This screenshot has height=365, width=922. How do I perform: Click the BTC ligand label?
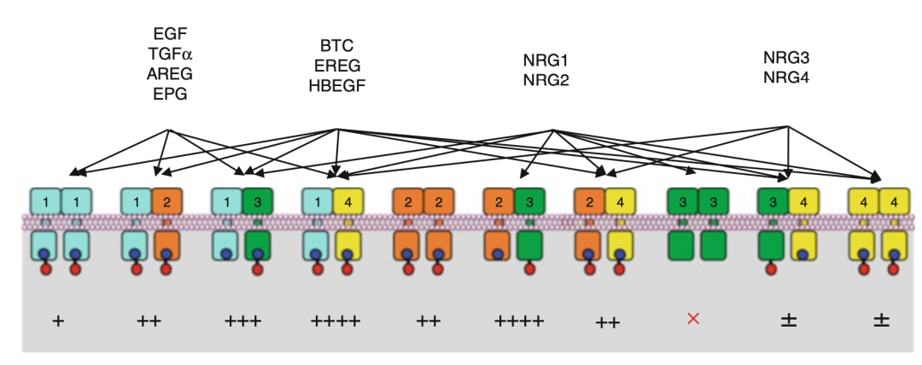pos(336,45)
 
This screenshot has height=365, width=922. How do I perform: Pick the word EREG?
pos(336,65)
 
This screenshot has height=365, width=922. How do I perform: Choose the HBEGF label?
pos(336,84)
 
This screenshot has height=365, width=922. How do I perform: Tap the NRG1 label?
pos(546,62)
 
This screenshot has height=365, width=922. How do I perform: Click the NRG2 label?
pos(546,81)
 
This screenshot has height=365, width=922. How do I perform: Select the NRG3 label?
pos(785,58)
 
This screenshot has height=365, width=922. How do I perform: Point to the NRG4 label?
pos(785,78)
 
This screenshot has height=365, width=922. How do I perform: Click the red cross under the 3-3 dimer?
pos(693,319)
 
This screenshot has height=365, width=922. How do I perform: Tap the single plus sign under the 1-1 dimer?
pos(58,321)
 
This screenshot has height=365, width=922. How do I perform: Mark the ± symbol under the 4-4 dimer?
pos(880,321)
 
